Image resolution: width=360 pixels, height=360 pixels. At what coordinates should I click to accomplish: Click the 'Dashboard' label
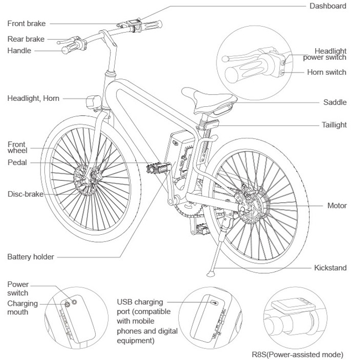328,6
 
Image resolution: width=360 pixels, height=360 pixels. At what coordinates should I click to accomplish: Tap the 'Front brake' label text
27,24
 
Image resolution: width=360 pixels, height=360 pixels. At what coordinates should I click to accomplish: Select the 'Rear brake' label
26,39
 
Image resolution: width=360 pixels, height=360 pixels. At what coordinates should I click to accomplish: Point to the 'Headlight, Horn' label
33,99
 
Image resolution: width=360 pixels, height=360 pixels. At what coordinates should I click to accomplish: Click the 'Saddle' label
335,102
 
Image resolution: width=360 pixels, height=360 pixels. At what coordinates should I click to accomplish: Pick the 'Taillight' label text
334,125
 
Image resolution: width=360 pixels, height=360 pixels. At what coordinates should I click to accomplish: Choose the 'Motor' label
337,206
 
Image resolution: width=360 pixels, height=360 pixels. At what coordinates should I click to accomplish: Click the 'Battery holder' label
31,257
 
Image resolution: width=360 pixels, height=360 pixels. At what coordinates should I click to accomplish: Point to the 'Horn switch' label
327,73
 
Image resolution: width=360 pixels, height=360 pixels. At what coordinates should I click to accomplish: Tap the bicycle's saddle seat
210,100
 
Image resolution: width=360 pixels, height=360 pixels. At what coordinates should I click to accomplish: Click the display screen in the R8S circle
291,305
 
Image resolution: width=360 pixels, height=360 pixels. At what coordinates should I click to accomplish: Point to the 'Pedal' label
17,163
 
